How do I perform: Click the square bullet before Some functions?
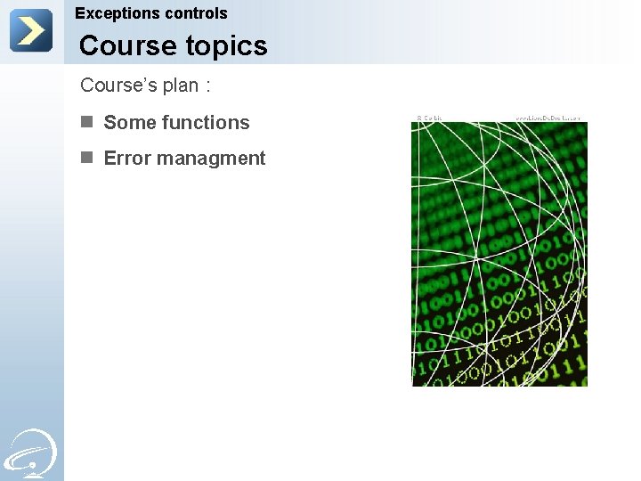pyautogui.click(x=86, y=122)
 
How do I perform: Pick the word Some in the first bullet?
pyautogui.click(x=127, y=123)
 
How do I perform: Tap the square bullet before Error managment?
pyautogui.click(x=86, y=158)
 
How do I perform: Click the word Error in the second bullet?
pyautogui.click(x=126, y=159)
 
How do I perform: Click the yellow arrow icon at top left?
pyautogui.click(x=31, y=31)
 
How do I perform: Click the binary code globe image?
pyautogui.click(x=499, y=254)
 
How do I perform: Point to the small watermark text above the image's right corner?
pyautogui.click(x=548, y=118)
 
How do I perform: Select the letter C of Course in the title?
pyautogui.click(x=90, y=45)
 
